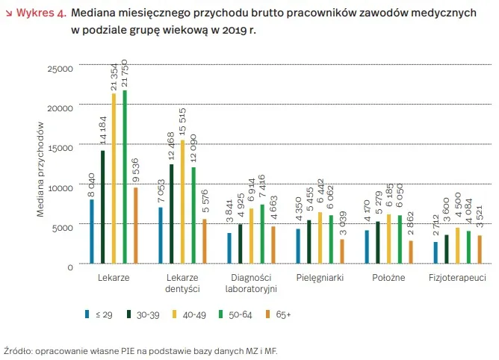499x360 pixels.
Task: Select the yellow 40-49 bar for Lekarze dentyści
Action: coord(182,202)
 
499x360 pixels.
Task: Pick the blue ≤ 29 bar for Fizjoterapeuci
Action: coord(436,252)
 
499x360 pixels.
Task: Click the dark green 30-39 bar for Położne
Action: coord(378,242)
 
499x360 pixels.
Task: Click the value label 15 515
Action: coord(182,123)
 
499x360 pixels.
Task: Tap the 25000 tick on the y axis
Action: coord(61,69)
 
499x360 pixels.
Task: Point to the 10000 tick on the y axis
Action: coord(61,187)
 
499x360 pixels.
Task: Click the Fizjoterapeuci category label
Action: coord(457,277)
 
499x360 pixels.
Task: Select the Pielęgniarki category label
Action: coord(320,277)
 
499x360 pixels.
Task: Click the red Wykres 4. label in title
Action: coord(39,13)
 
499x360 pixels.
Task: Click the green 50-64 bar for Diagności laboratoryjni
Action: coord(262,234)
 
